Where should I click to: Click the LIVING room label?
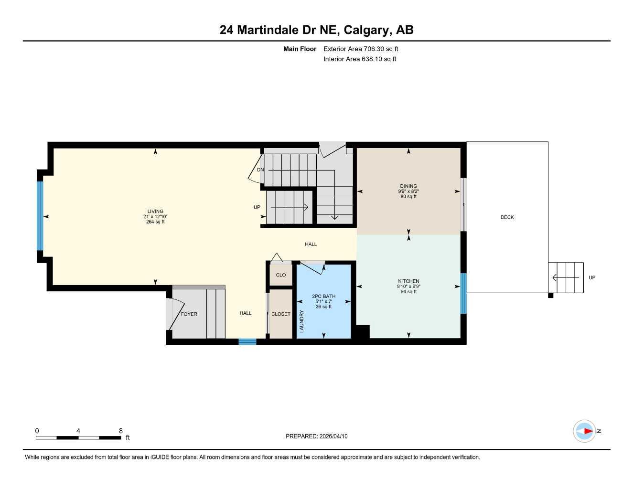(x=155, y=211)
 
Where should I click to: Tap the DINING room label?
(x=408, y=186)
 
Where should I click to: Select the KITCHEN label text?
(x=408, y=281)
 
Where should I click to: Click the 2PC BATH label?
(x=323, y=296)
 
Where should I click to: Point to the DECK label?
(x=507, y=217)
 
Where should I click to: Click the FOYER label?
(x=189, y=314)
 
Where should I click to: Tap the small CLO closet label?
(x=281, y=275)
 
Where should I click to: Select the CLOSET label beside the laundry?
(x=281, y=314)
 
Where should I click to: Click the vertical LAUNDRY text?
(x=301, y=321)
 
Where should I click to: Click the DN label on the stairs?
(x=260, y=170)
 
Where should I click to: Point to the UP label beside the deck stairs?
(x=592, y=277)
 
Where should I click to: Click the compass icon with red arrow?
(x=585, y=431)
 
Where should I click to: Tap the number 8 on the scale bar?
(x=121, y=431)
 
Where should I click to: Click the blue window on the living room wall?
(x=40, y=216)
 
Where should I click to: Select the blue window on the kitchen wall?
(x=463, y=293)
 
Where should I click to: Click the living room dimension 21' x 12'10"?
(x=155, y=216)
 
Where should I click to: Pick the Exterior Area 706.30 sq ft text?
(x=361, y=49)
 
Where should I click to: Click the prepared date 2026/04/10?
(x=333, y=436)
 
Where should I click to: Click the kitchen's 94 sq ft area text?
(x=408, y=292)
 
